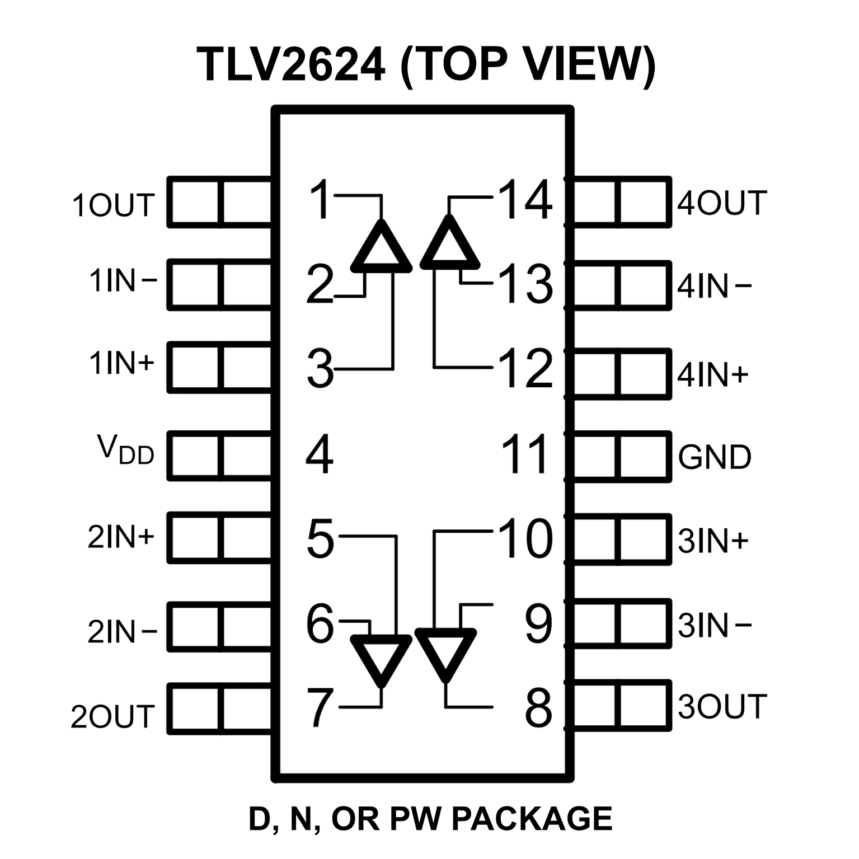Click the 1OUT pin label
tap(112, 205)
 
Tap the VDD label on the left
tap(126, 451)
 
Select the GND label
tap(715, 457)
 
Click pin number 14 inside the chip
tap(525, 199)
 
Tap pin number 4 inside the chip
tap(320, 454)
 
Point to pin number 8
tap(538, 707)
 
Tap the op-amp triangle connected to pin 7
tap(381, 658)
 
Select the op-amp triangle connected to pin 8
tap(446, 653)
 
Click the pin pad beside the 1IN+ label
tap(220, 367)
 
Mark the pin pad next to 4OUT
tap(621, 202)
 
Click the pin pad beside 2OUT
tap(220, 708)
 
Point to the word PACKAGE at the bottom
tap(531, 819)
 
